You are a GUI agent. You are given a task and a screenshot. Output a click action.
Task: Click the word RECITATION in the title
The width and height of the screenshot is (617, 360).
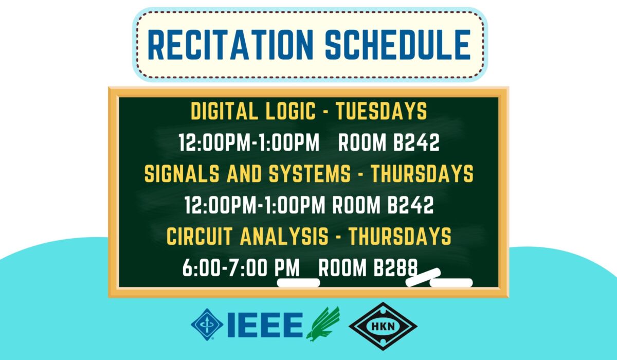click(x=230, y=45)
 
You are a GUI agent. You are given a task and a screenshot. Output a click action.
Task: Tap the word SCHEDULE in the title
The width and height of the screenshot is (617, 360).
click(x=398, y=45)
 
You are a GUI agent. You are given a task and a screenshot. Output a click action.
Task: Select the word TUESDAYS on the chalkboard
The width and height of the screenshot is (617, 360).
click(x=382, y=111)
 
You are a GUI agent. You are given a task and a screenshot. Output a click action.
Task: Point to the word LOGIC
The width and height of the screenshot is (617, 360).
click(x=291, y=111)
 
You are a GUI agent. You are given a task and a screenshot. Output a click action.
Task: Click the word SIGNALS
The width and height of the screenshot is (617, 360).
click(x=182, y=173)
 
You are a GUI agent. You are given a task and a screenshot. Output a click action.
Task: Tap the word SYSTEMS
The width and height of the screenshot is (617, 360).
click(x=310, y=173)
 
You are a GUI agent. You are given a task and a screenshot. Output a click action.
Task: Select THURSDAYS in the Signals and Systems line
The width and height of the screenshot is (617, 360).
click(x=422, y=173)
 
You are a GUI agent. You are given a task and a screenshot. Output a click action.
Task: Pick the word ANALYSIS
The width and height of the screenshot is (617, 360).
click(x=284, y=236)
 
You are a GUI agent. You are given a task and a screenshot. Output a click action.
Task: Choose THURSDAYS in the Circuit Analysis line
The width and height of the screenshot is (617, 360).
click(x=400, y=236)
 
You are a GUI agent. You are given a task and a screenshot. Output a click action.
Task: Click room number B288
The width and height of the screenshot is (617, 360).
click(x=395, y=267)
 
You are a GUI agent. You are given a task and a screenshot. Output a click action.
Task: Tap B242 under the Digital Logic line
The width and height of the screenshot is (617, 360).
click(x=416, y=142)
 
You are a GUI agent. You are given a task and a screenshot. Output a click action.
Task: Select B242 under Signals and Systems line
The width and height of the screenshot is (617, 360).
click(x=411, y=205)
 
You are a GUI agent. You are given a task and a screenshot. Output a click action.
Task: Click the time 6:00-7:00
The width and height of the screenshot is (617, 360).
click(x=225, y=267)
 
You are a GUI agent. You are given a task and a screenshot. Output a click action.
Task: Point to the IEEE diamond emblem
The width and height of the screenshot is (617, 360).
click(x=207, y=325)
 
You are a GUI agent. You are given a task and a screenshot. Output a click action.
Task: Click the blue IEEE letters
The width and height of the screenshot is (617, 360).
click(x=265, y=325)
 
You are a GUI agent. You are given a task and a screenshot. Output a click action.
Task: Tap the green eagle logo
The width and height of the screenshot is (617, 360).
click(x=323, y=324)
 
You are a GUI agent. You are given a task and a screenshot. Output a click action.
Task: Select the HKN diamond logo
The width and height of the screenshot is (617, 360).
click(x=383, y=326)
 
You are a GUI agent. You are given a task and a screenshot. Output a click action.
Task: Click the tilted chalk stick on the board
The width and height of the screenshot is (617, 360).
click(x=423, y=277)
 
